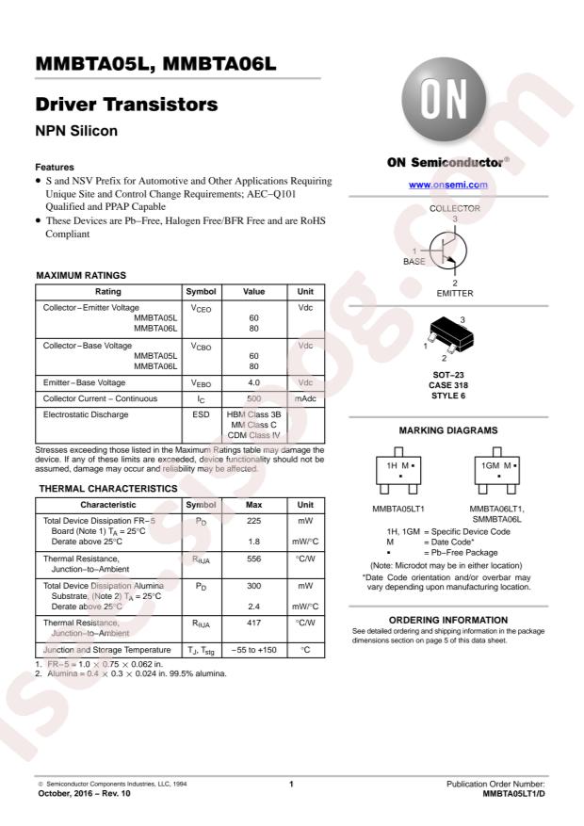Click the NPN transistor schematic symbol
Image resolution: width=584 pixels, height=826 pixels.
(x=450, y=251)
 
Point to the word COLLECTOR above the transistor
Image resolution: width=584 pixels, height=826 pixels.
(x=455, y=207)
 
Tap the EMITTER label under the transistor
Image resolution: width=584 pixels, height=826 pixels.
(x=455, y=293)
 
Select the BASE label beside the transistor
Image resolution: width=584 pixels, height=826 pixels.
(x=414, y=261)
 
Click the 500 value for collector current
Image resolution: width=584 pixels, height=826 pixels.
(x=253, y=399)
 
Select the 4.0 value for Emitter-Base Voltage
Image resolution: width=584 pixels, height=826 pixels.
(x=253, y=382)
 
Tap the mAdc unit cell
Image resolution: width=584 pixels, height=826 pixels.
(x=305, y=399)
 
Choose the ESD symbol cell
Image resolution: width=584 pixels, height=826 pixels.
(x=201, y=414)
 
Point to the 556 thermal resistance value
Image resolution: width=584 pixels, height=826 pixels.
(x=253, y=559)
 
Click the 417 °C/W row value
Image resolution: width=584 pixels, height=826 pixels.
(x=253, y=623)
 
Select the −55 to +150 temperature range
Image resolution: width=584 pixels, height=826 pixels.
(x=253, y=651)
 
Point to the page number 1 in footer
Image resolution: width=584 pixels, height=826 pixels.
(x=292, y=784)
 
